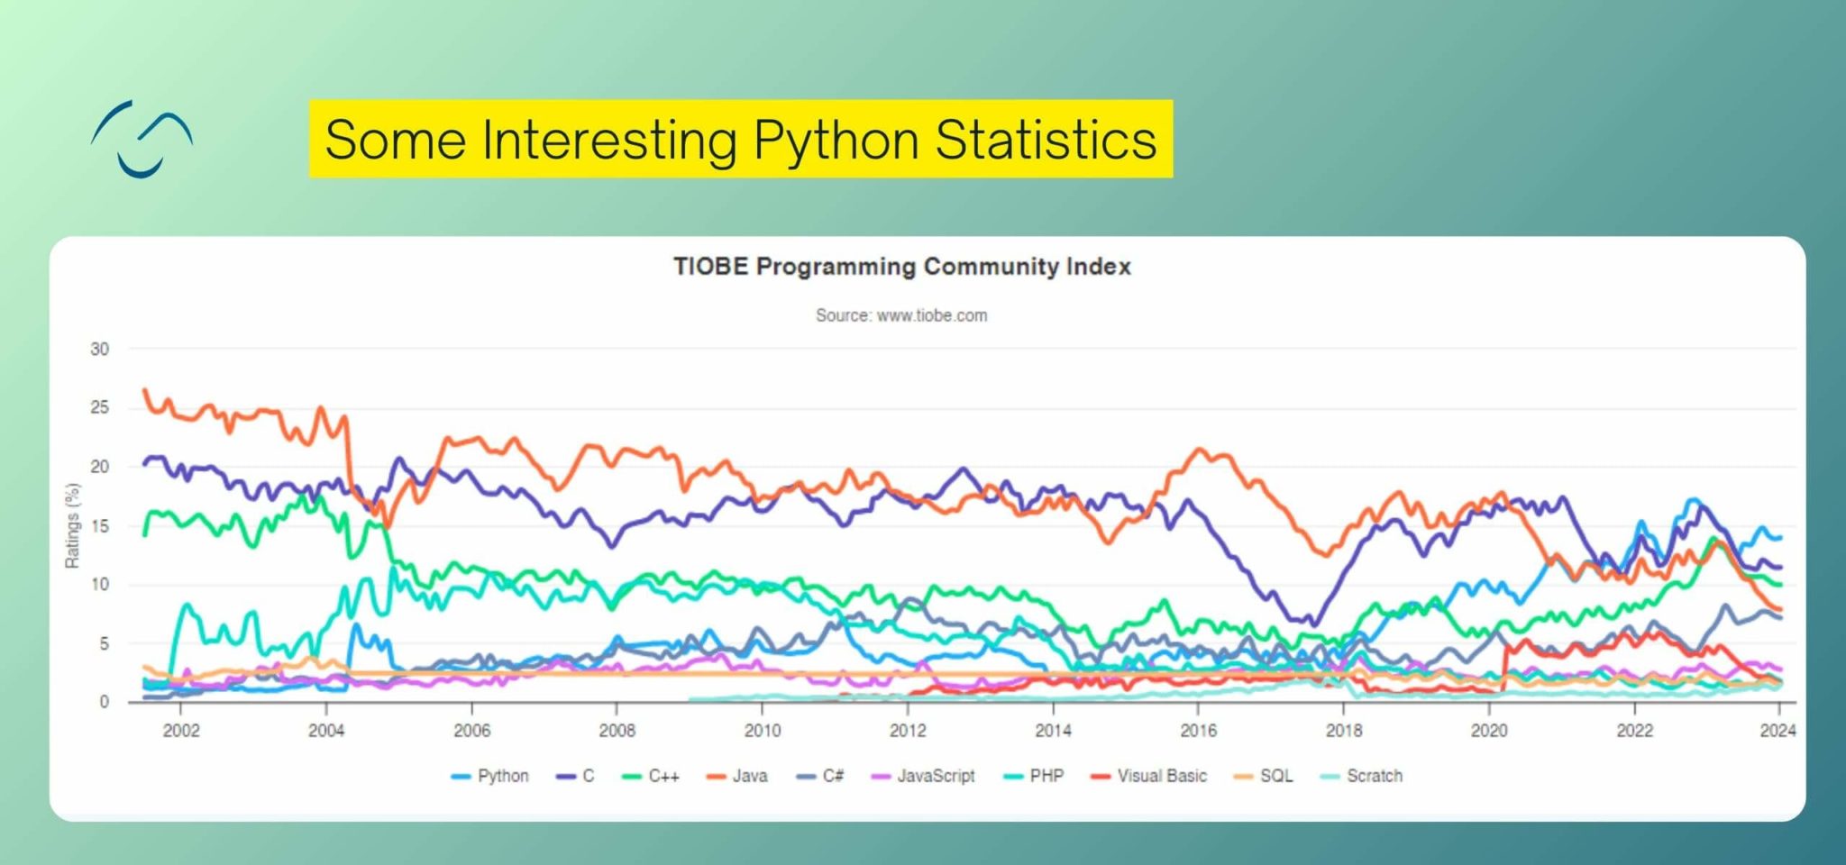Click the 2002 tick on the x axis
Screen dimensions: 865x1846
tap(181, 731)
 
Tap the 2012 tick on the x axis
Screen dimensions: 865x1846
tap(908, 731)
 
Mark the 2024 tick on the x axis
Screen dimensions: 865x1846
tap(1777, 731)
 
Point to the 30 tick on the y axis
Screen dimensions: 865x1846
tap(99, 350)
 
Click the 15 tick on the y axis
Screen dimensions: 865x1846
tap(99, 526)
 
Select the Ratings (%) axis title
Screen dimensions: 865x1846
tap(72, 526)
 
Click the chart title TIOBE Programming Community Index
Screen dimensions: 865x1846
tap(901, 267)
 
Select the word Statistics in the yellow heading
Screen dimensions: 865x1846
tap(1046, 141)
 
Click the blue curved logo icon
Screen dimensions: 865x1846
tap(142, 139)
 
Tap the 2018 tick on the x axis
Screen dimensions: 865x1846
tap(1343, 731)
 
